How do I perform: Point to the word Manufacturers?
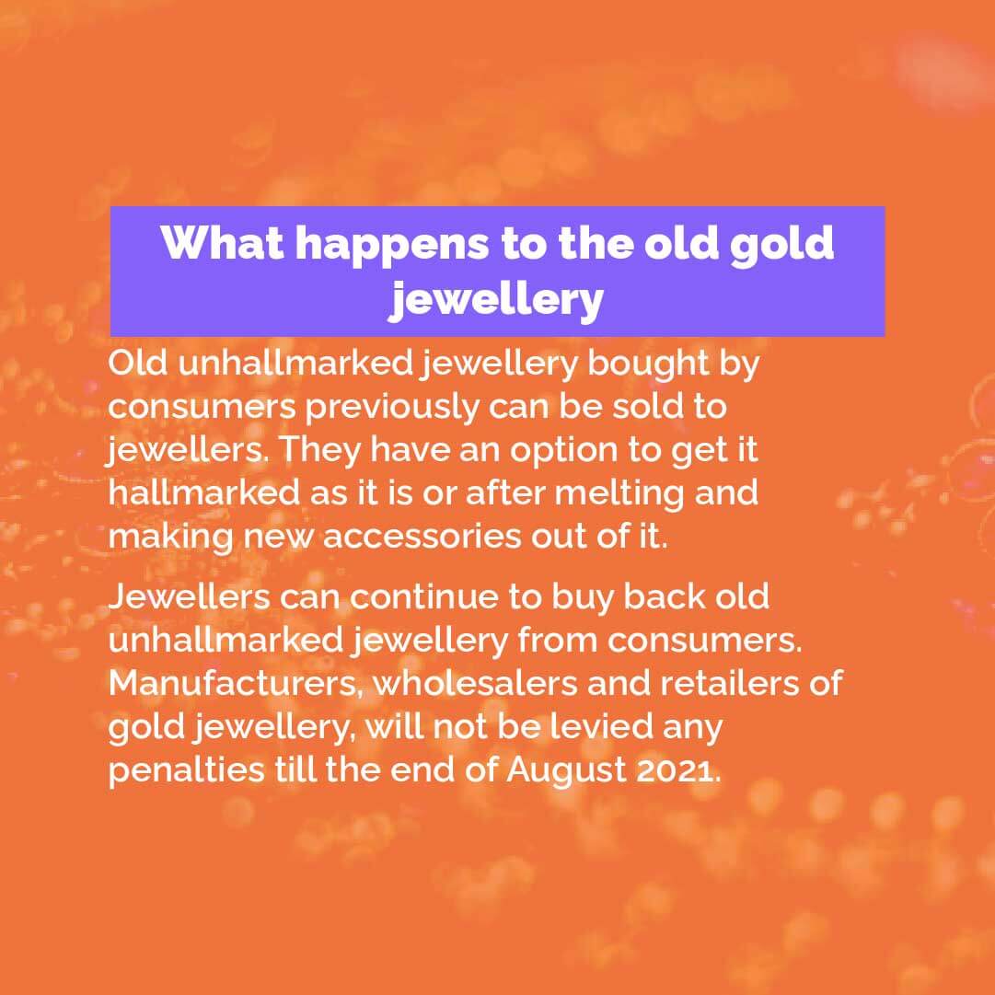click(x=236, y=683)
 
